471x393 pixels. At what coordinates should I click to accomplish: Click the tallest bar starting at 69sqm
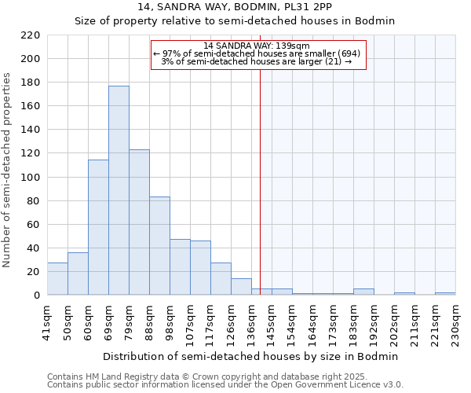coord(119,190)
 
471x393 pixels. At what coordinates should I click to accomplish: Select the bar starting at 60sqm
coord(98,227)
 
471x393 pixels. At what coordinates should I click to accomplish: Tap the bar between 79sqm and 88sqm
coord(139,222)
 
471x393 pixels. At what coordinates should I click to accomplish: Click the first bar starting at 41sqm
coord(57,279)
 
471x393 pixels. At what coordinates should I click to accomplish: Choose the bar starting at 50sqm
coord(78,274)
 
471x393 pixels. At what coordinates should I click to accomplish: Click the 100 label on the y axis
coord(31,178)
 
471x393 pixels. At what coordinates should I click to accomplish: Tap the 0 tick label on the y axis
coord(37,296)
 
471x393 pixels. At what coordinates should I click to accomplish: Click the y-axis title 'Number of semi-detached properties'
coord(8,170)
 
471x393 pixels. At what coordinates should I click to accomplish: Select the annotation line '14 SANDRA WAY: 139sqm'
coord(257,46)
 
